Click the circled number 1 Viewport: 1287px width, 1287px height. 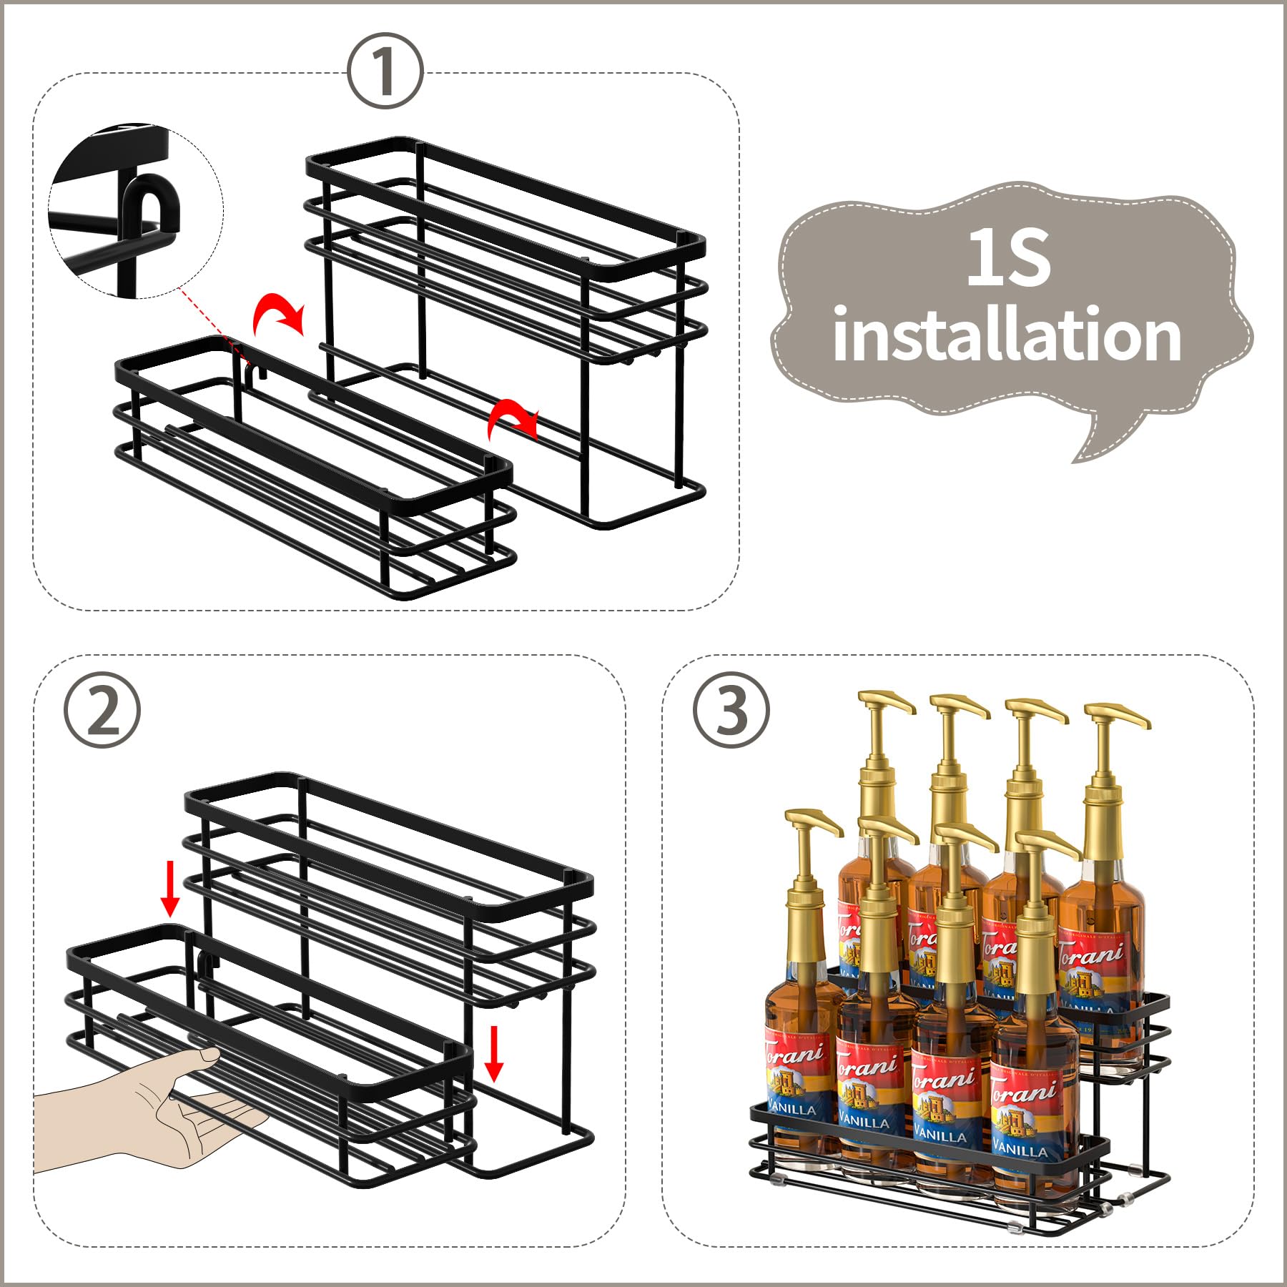385,71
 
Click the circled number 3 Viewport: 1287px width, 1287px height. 731,711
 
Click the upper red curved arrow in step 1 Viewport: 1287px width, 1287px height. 279,315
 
